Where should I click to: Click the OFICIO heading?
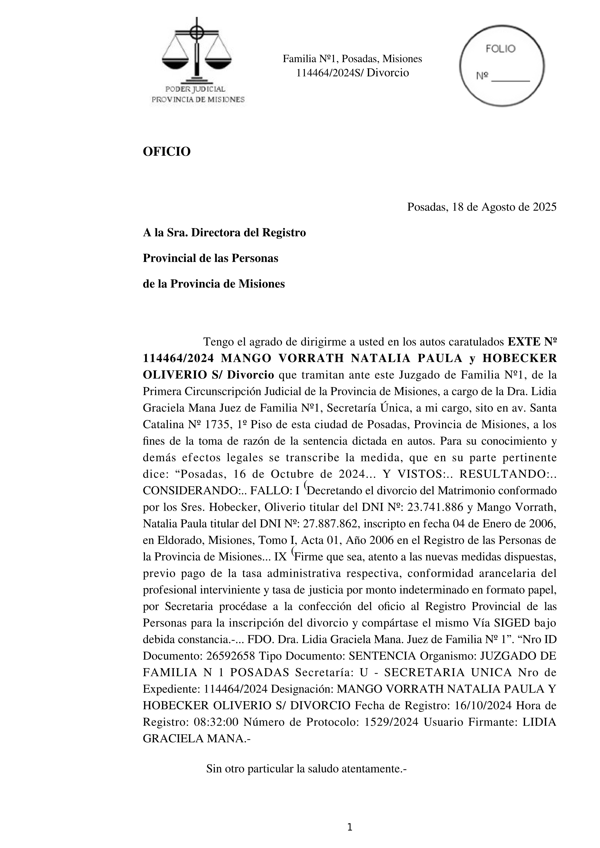click(x=167, y=151)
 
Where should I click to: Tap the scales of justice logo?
click(x=197, y=52)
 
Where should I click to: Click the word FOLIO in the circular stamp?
click(x=501, y=49)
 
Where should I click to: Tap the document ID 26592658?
click(x=230, y=656)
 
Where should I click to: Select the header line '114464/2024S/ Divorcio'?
click(x=352, y=73)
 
